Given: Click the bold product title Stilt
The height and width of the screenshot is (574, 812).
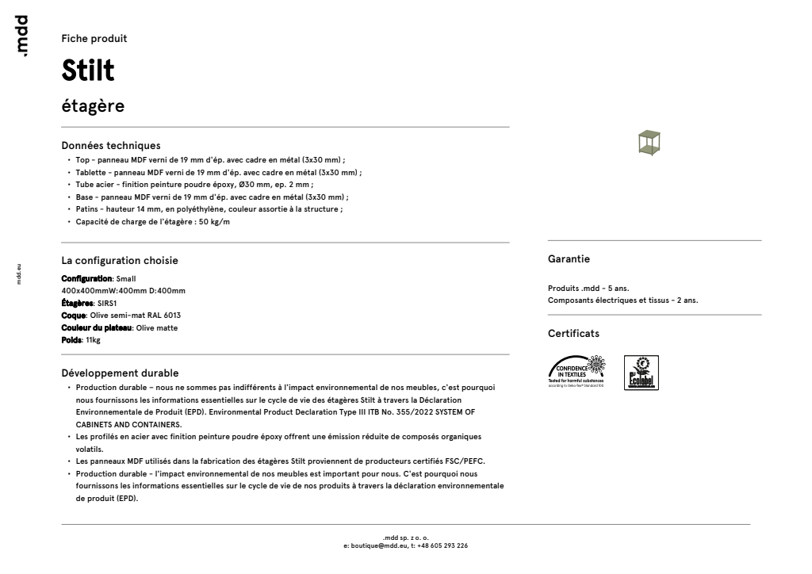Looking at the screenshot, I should coord(87,71).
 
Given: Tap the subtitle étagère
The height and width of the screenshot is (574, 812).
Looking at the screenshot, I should coord(93,106).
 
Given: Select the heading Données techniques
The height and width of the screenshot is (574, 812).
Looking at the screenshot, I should coord(111,145).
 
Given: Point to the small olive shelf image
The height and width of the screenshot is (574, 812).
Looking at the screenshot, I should coord(649,143).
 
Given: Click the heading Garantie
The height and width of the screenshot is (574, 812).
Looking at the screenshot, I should coord(569,259).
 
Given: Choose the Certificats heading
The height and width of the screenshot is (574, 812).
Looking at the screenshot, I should coord(573,334).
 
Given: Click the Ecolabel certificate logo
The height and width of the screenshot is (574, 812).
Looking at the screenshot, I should coord(642,373).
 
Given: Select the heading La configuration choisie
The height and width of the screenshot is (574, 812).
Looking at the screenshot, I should coord(120,260).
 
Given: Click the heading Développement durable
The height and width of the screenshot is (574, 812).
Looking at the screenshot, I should coord(120,373).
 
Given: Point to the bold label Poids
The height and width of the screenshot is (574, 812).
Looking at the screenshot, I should coord(71,340).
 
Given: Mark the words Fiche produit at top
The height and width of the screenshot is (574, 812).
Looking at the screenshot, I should coord(94,39).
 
